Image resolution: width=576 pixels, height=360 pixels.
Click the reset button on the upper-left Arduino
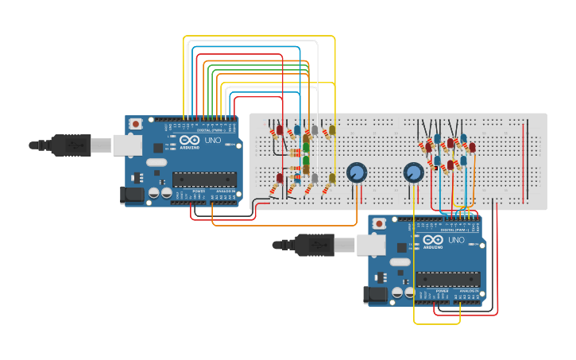[136, 123]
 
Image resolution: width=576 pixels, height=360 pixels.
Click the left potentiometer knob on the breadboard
[357, 172]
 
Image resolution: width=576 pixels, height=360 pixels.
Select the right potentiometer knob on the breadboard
[413, 172]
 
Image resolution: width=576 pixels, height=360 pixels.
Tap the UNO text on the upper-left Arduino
[213, 140]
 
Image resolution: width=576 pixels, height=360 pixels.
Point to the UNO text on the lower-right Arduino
[456, 239]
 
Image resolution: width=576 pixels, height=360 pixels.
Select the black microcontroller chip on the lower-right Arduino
[447, 279]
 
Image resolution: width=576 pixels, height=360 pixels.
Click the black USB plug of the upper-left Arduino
[72, 145]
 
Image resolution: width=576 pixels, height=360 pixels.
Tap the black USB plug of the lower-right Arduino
[315, 245]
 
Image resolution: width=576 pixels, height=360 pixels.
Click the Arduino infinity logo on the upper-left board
[189, 141]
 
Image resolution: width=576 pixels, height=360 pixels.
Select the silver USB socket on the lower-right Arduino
[370, 245]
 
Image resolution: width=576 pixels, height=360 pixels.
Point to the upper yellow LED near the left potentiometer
[332, 130]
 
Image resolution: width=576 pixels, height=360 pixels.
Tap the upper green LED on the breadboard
[306, 147]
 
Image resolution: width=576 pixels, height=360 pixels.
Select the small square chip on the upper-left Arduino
[158, 147]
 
